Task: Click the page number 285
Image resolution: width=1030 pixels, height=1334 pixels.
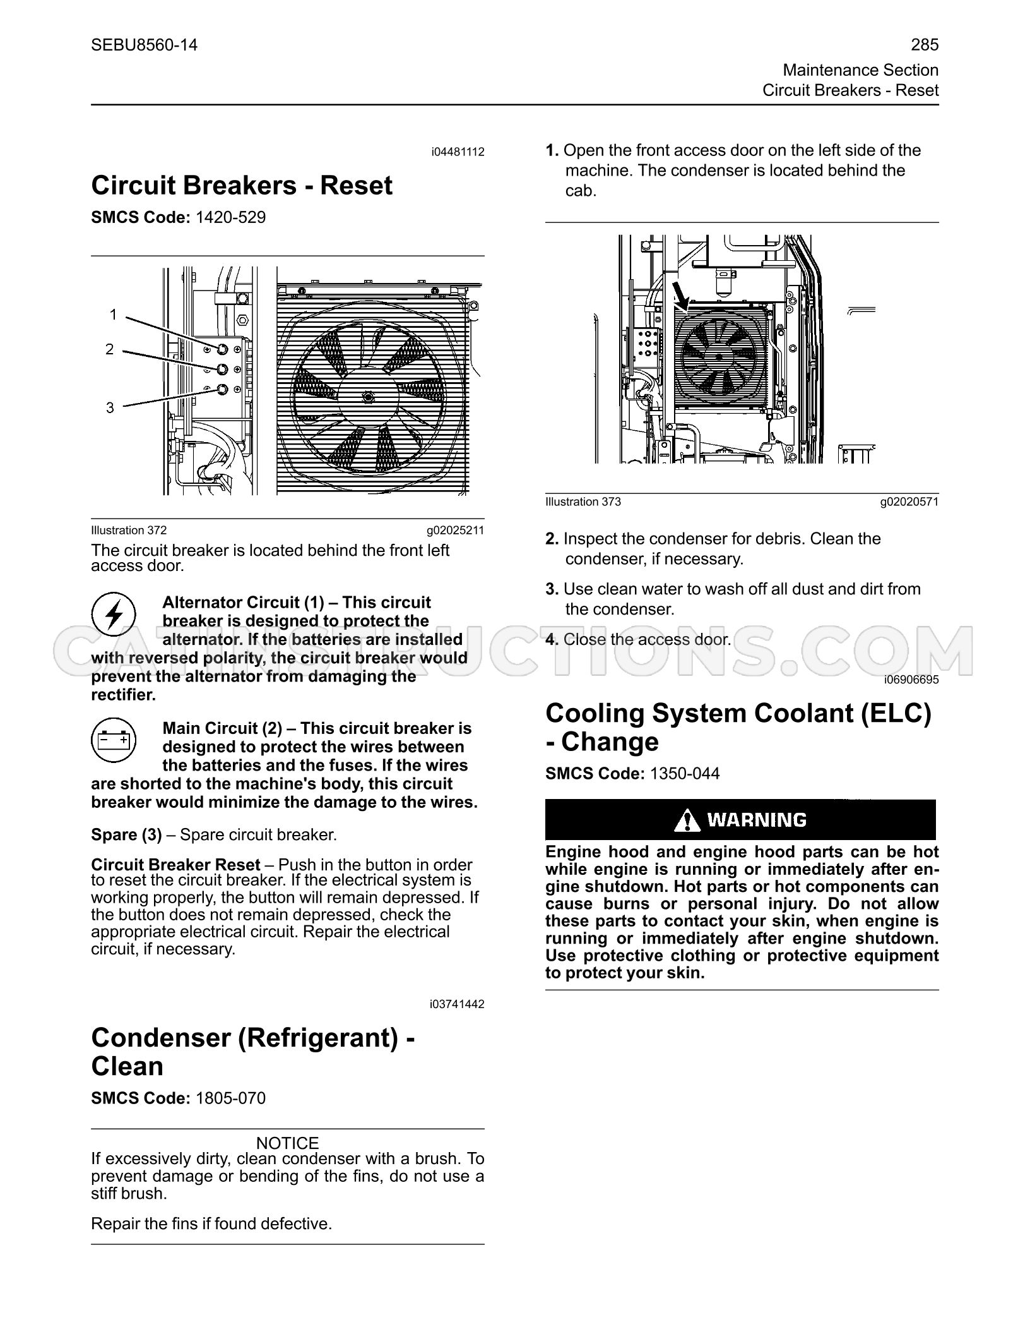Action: [x=925, y=45]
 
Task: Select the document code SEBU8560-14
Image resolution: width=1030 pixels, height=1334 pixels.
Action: [x=144, y=45]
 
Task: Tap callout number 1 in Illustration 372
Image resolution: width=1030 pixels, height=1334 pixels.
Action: [x=113, y=314]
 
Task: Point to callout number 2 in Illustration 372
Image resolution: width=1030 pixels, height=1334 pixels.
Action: [x=110, y=349]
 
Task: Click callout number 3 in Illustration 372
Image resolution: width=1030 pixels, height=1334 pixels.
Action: [x=110, y=407]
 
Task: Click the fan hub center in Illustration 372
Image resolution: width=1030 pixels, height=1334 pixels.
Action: [x=367, y=396]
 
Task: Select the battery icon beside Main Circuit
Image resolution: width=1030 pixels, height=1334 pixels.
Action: [x=114, y=740]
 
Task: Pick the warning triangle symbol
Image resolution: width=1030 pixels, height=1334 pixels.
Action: [x=687, y=820]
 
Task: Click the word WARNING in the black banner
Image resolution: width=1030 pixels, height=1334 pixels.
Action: [x=757, y=820]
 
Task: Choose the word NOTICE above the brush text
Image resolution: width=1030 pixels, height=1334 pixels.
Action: [x=288, y=1143]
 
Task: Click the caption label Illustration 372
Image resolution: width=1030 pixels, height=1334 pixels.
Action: [x=129, y=531]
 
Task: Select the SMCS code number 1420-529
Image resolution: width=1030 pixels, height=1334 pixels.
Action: [x=231, y=217]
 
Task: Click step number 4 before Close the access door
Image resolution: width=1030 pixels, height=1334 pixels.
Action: [x=552, y=639]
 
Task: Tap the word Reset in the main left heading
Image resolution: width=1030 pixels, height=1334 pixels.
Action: [x=357, y=186]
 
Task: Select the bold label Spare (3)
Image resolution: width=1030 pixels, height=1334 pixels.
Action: [x=127, y=835]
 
